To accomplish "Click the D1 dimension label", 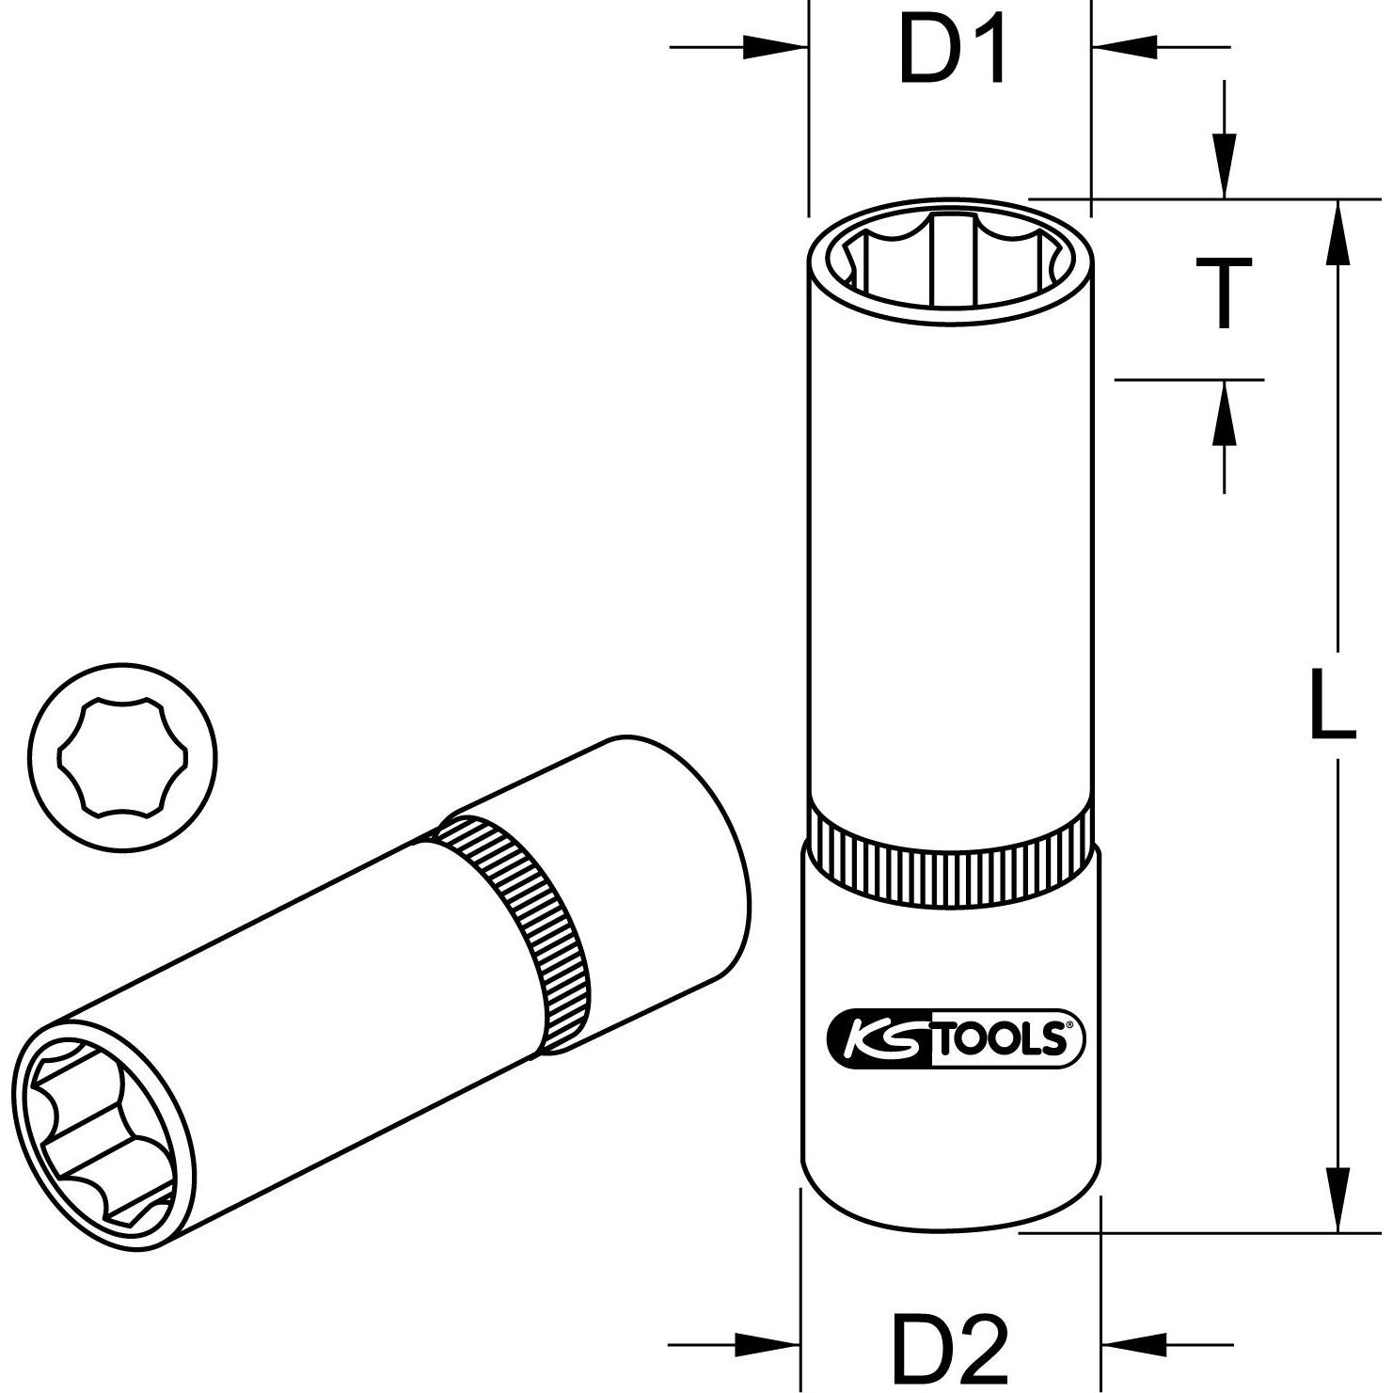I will (x=952, y=49).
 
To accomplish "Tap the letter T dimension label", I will (x=1222, y=293).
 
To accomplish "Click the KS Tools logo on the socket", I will (x=955, y=1039).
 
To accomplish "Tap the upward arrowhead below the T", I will (x=1223, y=414).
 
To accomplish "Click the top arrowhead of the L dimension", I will (x=1337, y=235).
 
